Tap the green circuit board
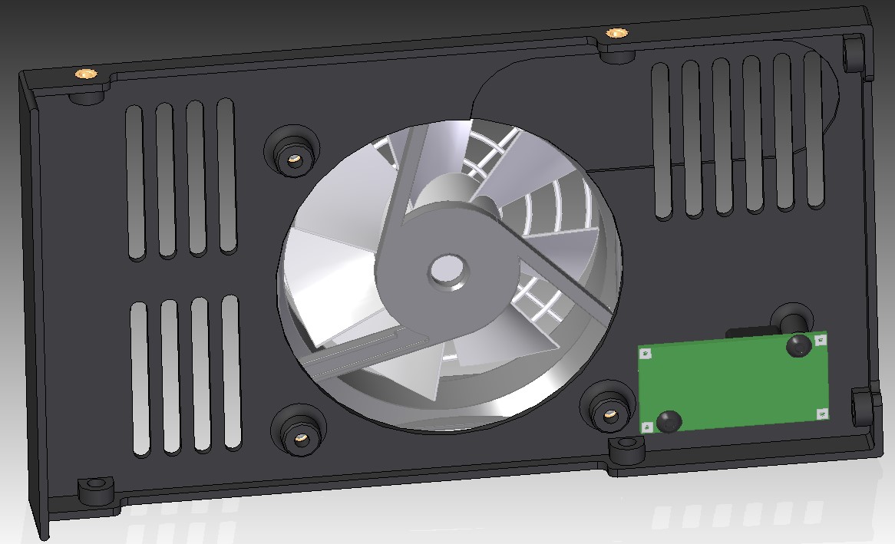pyautogui.click(x=733, y=382)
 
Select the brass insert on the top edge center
pyautogui.click(x=616, y=33)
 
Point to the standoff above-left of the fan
pyautogui.click(x=293, y=160)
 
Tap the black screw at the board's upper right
pyautogui.click(x=798, y=345)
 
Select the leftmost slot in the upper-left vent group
pyautogui.click(x=135, y=183)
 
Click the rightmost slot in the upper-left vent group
pyautogui.click(x=226, y=176)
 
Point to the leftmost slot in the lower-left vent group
pyautogui.click(x=140, y=379)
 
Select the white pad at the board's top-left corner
pyautogui.click(x=646, y=354)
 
